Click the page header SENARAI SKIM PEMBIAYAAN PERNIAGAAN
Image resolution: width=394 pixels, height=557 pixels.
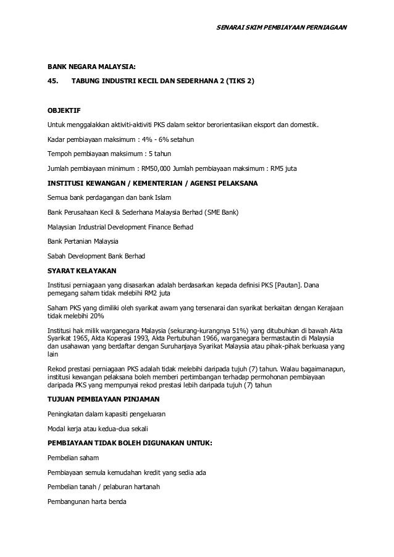coord(283,28)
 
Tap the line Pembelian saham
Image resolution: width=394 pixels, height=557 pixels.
coord(72,458)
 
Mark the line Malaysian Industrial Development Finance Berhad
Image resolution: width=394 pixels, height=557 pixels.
coord(120,226)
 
